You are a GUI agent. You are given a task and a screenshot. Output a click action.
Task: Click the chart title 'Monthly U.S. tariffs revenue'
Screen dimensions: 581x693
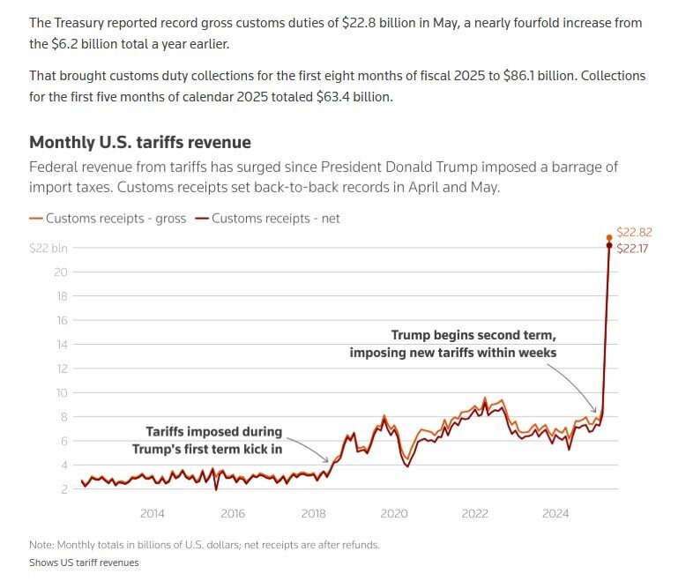pyautogui.click(x=140, y=142)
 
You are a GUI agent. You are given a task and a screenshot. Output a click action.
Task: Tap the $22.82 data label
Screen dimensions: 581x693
pyautogui.click(x=634, y=233)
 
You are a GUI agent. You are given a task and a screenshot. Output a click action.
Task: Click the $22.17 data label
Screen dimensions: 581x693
pyautogui.click(x=634, y=250)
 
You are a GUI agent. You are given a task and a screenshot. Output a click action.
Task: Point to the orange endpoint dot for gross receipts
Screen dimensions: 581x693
pyautogui.click(x=609, y=237)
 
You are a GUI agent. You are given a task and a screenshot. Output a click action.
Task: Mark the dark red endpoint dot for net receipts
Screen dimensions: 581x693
pyautogui.click(x=609, y=245)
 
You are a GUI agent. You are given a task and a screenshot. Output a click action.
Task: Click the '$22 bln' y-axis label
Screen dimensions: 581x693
pyautogui.click(x=48, y=248)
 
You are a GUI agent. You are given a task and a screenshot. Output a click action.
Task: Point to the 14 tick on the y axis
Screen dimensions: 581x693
pyautogui.click(x=61, y=344)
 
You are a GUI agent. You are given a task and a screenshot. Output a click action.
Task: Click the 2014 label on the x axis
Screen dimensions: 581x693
pyautogui.click(x=152, y=513)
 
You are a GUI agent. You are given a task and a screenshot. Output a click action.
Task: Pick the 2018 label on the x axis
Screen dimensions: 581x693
pyautogui.click(x=313, y=513)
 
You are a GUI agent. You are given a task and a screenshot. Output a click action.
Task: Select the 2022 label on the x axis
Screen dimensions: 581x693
pyautogui.click(x=474, y=513)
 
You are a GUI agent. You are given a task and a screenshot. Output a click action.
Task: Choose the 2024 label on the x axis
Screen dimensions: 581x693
pyautogui.click(x=555, y=513)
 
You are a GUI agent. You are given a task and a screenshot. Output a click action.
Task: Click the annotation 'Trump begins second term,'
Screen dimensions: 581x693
pyautogui.click(x=473, y=336)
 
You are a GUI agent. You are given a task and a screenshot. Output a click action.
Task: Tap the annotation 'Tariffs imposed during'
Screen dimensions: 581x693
pyautogui.click(x=213, y=432)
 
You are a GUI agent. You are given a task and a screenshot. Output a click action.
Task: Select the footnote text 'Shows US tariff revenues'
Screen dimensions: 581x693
pyautogui.click(x=84, y=562)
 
